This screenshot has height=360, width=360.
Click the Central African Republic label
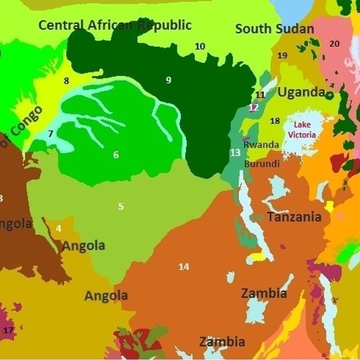pos(115,25)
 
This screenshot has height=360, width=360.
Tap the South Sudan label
pos(274,29)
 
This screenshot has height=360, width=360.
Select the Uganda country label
pos(301,92)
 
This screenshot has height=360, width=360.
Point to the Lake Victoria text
pos(299,129)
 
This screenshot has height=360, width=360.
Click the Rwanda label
pos(261,144)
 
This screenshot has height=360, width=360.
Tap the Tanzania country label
pos(294,217)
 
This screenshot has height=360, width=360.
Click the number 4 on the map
pos(59,229)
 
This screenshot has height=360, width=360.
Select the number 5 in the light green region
pos(121,206)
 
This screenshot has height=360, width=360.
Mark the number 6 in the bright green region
pos(116,155)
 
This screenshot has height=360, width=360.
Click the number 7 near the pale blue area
pos(51,133)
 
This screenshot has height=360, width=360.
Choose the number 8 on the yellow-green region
pos(66,81)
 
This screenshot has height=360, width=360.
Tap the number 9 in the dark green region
pos(169,80)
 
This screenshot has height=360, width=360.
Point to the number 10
pos(200,46)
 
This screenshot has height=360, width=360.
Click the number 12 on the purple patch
pos(253,107)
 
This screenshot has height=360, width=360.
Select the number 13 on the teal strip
pos(235,153)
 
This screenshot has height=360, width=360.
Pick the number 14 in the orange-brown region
pos(183,267)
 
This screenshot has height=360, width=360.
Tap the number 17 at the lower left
pos(9,330)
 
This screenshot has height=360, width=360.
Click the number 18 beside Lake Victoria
pos(275,121)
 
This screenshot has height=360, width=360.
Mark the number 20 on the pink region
pos(334,43)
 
